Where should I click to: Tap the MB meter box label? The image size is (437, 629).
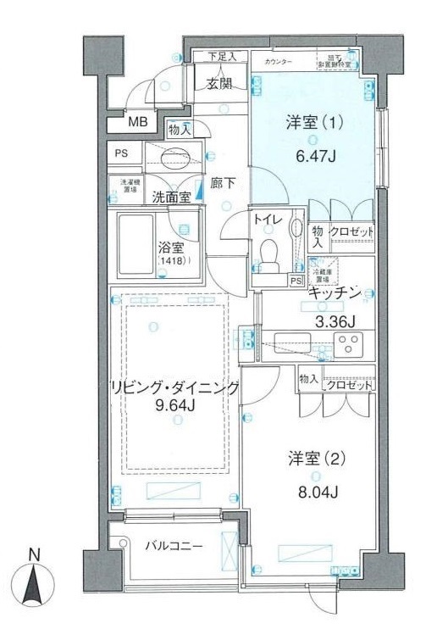coord(138,122)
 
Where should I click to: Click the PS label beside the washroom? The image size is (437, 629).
coord(124,153)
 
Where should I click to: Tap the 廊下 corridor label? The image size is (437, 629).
coord(223,181)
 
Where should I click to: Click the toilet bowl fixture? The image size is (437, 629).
coord(270,253)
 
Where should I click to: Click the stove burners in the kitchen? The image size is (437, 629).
coord(347,345)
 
